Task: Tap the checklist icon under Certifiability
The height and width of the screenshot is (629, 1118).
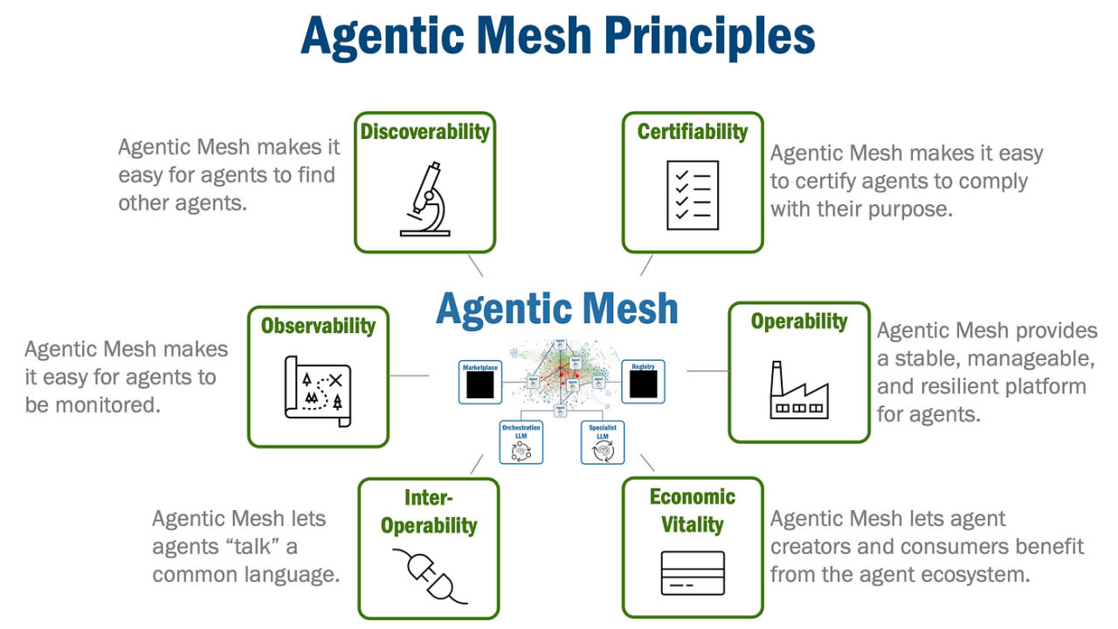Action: (693, 195)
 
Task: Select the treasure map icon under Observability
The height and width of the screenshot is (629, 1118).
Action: (318, 391)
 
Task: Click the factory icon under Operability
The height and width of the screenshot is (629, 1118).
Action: (798, 390)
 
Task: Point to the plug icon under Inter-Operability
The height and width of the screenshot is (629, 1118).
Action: (429, 576)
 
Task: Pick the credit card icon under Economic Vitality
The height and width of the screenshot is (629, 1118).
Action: (693, 573)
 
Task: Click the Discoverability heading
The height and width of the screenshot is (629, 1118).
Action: (425, 132)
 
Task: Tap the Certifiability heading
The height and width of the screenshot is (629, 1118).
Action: (693, 132)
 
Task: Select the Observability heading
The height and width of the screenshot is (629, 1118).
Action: (318, 326)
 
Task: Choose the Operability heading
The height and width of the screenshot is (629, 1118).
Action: (799, 321)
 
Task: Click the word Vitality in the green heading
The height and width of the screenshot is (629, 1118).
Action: (693, 525)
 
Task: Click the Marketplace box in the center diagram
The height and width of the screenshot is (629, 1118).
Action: (480, 382)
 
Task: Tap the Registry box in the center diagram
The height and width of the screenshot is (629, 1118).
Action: (644, 382)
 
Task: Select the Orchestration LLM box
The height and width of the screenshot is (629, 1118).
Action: (521, 442)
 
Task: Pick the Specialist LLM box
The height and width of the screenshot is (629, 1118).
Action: (603, 442)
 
